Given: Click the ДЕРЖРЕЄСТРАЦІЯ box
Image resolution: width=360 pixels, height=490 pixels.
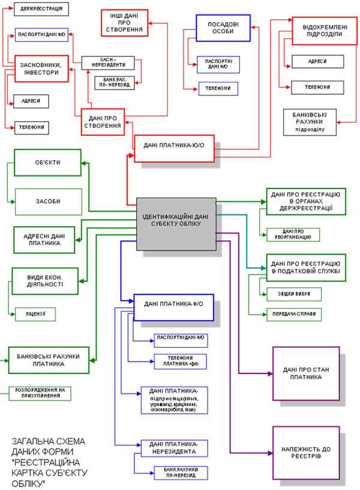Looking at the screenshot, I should point(40,10).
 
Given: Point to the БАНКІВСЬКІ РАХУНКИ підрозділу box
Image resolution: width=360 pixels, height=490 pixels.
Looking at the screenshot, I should point(310,122).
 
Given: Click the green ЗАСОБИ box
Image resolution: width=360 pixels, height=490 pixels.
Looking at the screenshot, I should point(47,202).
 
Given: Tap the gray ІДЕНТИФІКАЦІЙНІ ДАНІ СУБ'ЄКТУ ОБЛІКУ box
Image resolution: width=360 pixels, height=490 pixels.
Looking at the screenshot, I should point(175,223).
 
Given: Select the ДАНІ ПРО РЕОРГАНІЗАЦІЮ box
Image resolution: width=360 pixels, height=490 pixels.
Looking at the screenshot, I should point(293,235).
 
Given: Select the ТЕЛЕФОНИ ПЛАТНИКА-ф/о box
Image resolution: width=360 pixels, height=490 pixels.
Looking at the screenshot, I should point(181,361).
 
